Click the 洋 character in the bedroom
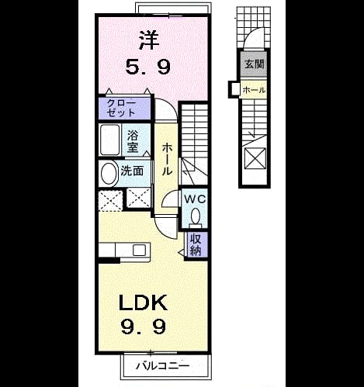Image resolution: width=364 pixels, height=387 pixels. (x=149, y=40)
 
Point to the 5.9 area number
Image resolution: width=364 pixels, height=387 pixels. (x=148, y=67)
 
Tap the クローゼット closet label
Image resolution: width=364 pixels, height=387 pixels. (x=122, y=108)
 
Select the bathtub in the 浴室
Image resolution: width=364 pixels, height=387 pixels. (x=110, y=140)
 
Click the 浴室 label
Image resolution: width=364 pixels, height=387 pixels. (x=133, y=141)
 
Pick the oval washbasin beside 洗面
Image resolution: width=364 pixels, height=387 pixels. (x=108, y=173)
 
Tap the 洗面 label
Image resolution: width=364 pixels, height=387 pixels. (x=132, y=171)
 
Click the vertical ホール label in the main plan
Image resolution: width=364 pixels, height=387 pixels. (x=167, y=160)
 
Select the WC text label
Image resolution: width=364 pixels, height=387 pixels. (x=195, y=199)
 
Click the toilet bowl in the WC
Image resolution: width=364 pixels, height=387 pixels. (x=196, y=216)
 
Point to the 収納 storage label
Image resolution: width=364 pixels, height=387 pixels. (x=196, y=244)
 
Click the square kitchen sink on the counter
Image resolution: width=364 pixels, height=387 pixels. (x=140, y=251)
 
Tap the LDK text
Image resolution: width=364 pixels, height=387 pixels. (x=143, y=302)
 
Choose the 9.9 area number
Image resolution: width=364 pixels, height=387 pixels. (x=143, y=327)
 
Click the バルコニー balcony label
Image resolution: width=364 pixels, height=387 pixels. (x=163, y=365)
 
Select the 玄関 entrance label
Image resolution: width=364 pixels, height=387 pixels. (x=255, y=64)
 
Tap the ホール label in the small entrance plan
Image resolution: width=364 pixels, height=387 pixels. (x=254, y=90)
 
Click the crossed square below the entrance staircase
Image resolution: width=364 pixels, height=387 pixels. (x=255, y=158)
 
